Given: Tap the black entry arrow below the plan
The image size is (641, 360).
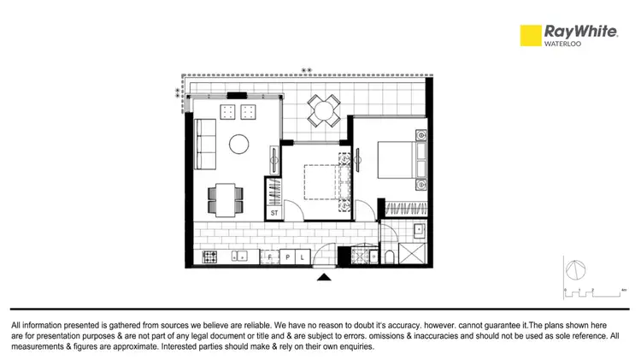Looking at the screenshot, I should point(324,276).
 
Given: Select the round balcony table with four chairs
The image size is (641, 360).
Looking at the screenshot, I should point(323,109).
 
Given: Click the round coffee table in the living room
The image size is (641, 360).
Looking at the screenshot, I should point(238,144).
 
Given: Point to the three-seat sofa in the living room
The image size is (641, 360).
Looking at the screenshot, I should point(205,144).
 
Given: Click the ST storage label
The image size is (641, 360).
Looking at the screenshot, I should point(275,212).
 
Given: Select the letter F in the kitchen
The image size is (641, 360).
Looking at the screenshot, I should point(270,257).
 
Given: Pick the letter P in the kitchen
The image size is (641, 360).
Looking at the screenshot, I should point(288,257).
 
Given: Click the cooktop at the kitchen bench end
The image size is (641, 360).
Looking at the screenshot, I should point(210,257).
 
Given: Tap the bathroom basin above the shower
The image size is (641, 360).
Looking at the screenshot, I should point(419,231).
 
